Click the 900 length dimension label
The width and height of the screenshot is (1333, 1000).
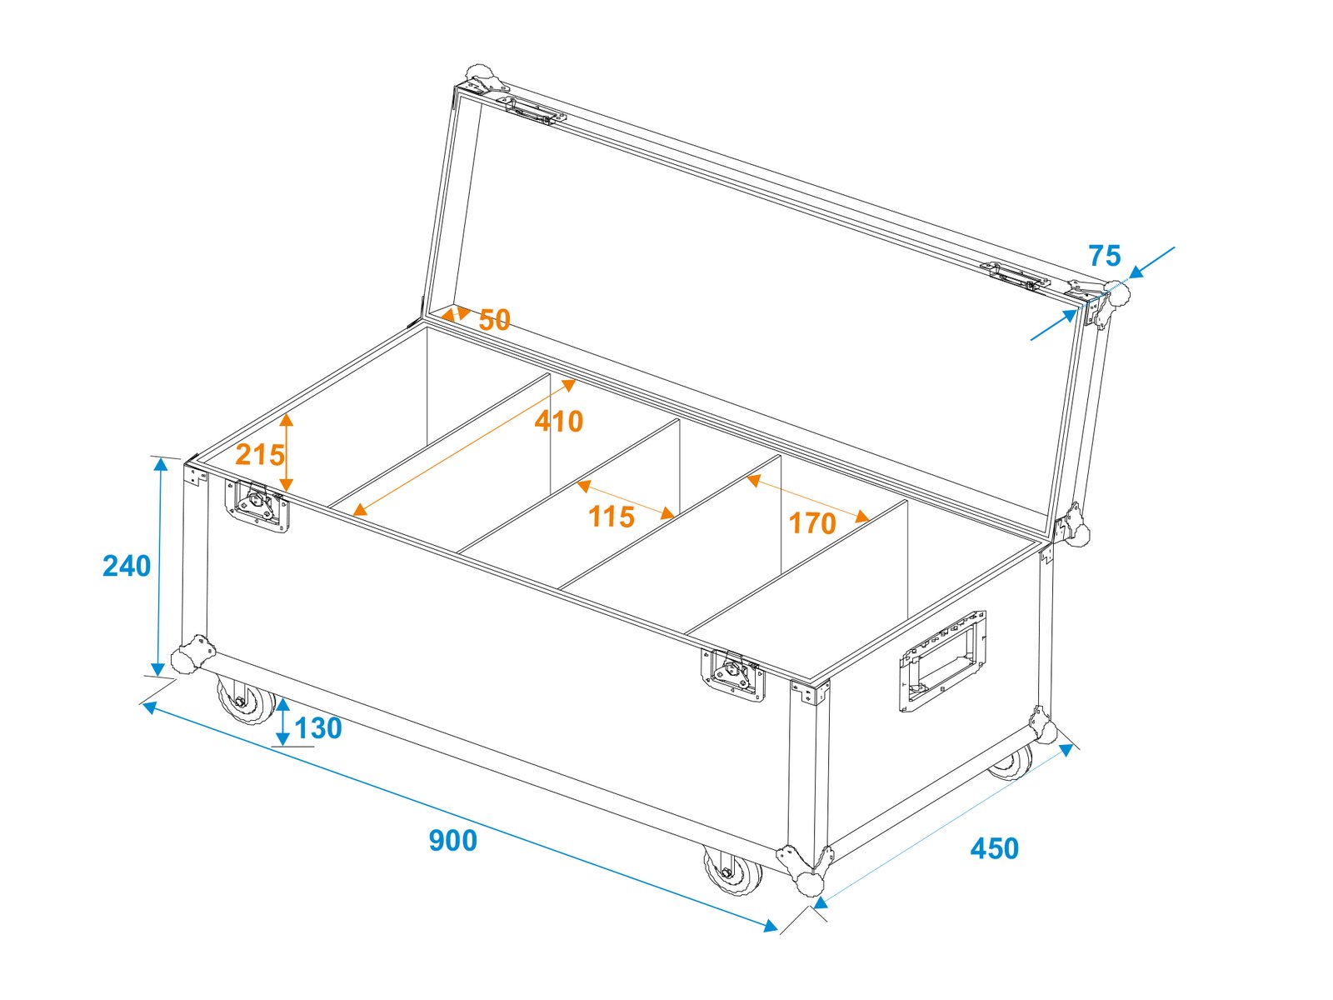click(x=452, y=840)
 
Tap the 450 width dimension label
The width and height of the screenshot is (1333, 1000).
click(x=994, y=848)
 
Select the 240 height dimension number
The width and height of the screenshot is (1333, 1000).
click(x=127, y=566)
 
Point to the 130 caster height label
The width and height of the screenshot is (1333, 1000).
click(x=317, y=728)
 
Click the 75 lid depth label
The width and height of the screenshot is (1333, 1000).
click(x=1105, y=256)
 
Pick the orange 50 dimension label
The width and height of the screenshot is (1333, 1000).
click(x=494, y=320)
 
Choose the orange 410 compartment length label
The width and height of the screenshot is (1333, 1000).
click(x=559, y=422)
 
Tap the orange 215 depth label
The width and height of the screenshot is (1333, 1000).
click(x=260, y=455)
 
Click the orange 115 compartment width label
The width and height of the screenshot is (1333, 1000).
click(x=611, y=517)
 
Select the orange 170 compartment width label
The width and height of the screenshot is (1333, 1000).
click(x=812, y=523)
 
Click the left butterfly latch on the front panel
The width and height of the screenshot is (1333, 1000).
click(x=257, y=506)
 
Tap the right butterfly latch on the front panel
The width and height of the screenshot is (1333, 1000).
click(x=732, y=676)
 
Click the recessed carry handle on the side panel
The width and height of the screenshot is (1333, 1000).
click(x=942, y=661)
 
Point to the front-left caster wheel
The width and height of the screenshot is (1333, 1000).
click(x=244, y=700)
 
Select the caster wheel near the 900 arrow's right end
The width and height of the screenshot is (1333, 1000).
click(x=731, y=871)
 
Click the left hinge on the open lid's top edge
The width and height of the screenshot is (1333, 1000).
click(x=534, y=111)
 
